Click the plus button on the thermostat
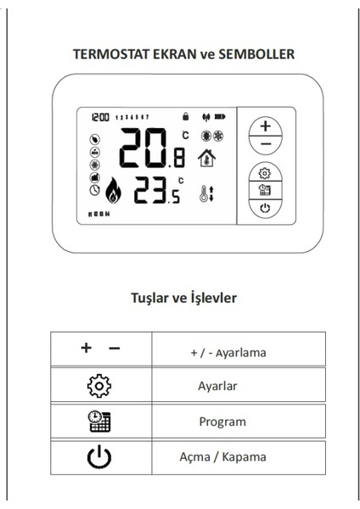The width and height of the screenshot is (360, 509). pos(267,126)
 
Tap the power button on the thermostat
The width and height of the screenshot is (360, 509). pos(265,207)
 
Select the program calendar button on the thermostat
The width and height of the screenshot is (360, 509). pos(265,190)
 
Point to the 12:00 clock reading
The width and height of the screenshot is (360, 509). pos(100,115)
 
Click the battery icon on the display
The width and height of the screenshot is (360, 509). pos(222,115)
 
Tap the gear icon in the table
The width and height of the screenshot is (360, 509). pos(99,386)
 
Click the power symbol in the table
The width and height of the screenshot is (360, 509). pos(99,457)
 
